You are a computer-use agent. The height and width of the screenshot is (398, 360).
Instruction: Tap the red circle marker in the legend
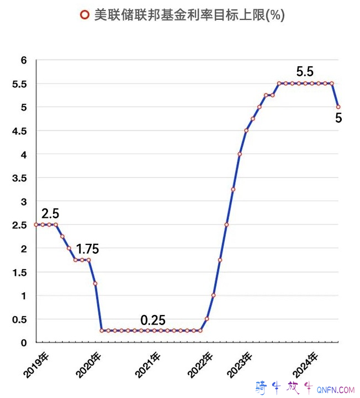[x=84, y=15]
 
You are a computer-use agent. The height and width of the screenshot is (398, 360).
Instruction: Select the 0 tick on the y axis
[x=24, y=343]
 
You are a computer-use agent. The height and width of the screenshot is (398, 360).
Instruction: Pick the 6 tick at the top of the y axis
[x=24, y=60]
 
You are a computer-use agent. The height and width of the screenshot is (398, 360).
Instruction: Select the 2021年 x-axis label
[x=148, y=365]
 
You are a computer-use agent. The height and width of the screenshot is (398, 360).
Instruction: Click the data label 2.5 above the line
[x=50, y=213]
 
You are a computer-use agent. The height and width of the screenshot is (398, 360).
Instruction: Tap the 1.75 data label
[x=87, y=249]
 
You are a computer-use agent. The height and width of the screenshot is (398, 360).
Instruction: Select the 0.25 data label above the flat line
[x=153, y=320]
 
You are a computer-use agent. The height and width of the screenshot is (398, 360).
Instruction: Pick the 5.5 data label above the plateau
[x=305, y=71]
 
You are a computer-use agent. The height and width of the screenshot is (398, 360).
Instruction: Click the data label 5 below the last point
[x=338, y=118]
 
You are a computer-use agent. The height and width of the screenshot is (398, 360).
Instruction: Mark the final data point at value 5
[x=338, y=107]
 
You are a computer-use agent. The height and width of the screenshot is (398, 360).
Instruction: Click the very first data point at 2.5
[x=36, y=224]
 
